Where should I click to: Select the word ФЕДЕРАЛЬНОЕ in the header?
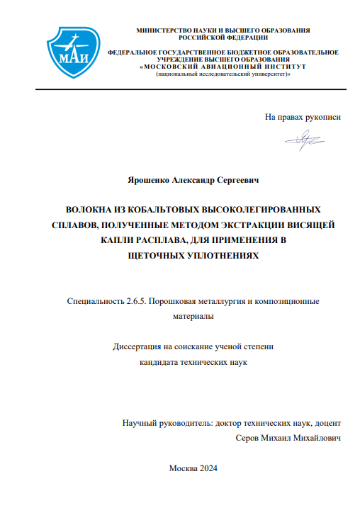pyautogui.click(x=135, y=52)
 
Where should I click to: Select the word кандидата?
pyautogui.click(x=157, y=362)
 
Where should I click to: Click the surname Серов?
pyautogui.click(x=248, y=439)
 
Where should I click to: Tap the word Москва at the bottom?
pyautogui.click(x=181, y=468)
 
